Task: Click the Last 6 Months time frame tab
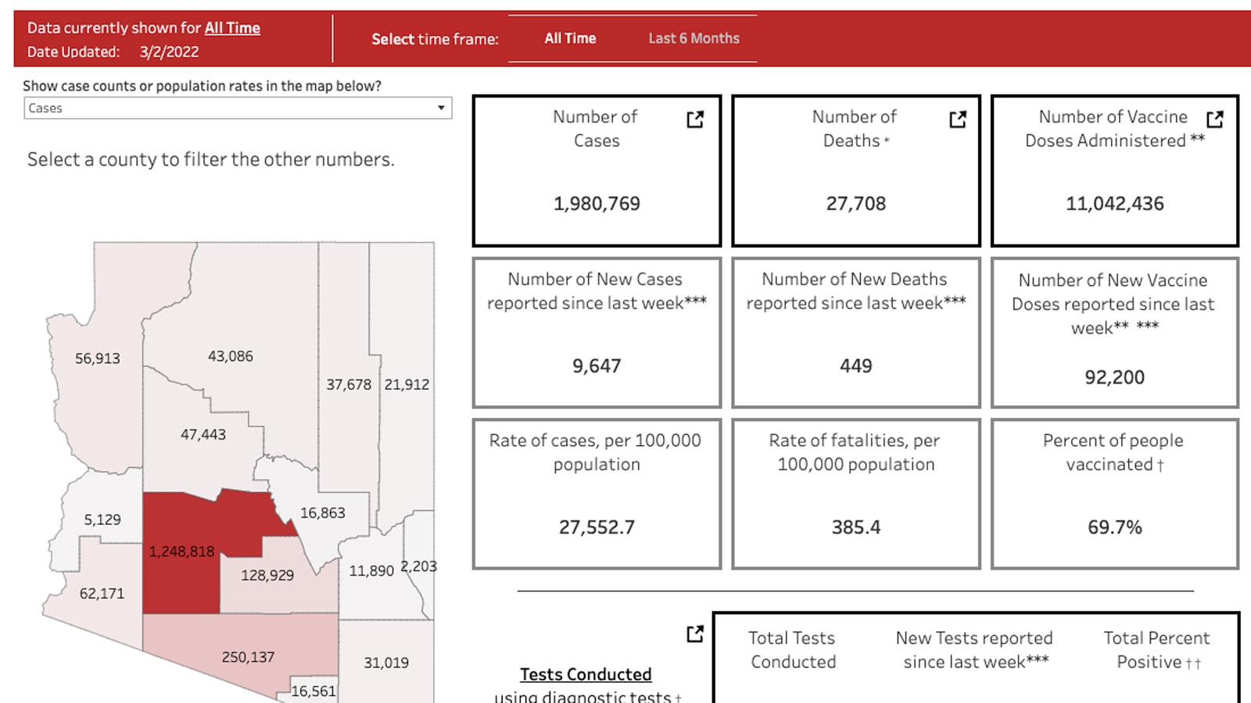pyautogui.click(x=694, y=38)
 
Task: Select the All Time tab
pyautogui.click(x=570, y=38)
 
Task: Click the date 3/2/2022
pyautogui.click(x=169, y=52)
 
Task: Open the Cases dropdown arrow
pyautogui.click(x=441, y=108)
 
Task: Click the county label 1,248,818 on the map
pyautogui.click(x=181, y=551)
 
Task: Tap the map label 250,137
pyautogui.click(x=248, y=657)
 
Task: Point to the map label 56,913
pyautogui.click(x=98, y=359)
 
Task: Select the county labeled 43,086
pyautogui.click(x=230, y=356)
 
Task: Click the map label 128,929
pyautogui.click(x=267, y=575)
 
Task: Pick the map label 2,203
pyautogui.click(x=419, y=566)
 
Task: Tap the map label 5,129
pyautogui.click(x=102, y=519)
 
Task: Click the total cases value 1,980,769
pyautogui.click(x=597, y=204)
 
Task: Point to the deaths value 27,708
pyautogui.click(x=856, y=204)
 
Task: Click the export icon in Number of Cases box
pyautogui.click(x=695, y=119)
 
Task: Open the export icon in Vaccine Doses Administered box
pyautogui.click(x=1214, y=119)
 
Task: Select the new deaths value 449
pyautogui.click(x=856, y=366)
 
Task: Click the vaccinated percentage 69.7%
pyautogui.click(x=1114, y=527)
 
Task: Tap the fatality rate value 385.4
pyautogui.click(x=856, y=527)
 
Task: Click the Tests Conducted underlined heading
pyautogui.click(x=586, y=674)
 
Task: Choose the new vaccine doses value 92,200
pyautogui.click(x=1114, y=377)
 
